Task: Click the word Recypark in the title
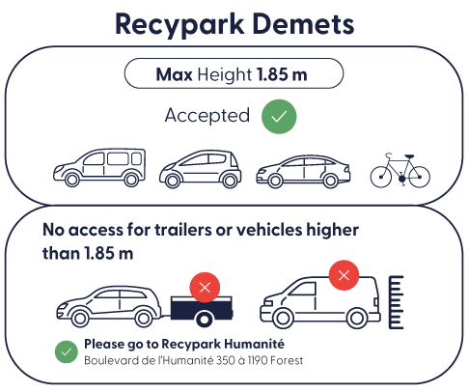(179, 25)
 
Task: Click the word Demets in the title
(303, 24)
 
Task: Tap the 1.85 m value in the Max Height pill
(282, 74)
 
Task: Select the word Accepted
(207, 116)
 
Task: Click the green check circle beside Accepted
(279, 117)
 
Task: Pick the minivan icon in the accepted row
(99, 168)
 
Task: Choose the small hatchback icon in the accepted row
(201, 169)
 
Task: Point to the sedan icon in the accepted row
(303, 172)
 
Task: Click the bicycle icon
(400, 171)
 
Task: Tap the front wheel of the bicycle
(381, 177)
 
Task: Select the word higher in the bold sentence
(332, 230)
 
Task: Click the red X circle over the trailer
(205, 288)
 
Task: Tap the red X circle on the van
(344, 275)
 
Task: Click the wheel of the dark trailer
(205, 320)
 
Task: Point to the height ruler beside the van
(396, 302)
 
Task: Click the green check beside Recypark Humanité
(67, 351)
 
